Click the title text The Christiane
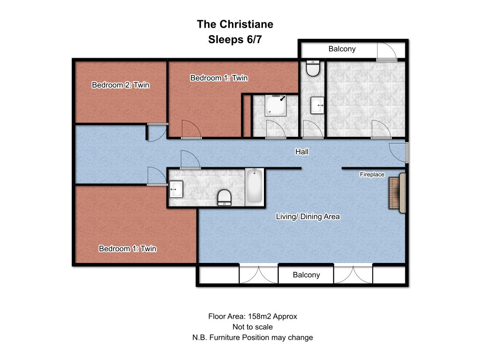pos(235,24)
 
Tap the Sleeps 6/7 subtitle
pos(235,39)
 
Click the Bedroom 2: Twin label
pos(120,85)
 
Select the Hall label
pos(302,151)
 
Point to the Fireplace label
pos(372,174)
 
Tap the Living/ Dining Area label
pos(307,217)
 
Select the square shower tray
pos(276,105)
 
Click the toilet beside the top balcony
pos(313,68)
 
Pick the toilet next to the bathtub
pos(225,197)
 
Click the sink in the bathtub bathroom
pos(176,189)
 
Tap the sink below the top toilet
pos(317,105)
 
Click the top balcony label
pos(342,49)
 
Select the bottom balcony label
pos(307,275)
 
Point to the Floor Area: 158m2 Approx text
pos(253,316)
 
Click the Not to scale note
pos(253,327)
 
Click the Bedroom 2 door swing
pos(157,132)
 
